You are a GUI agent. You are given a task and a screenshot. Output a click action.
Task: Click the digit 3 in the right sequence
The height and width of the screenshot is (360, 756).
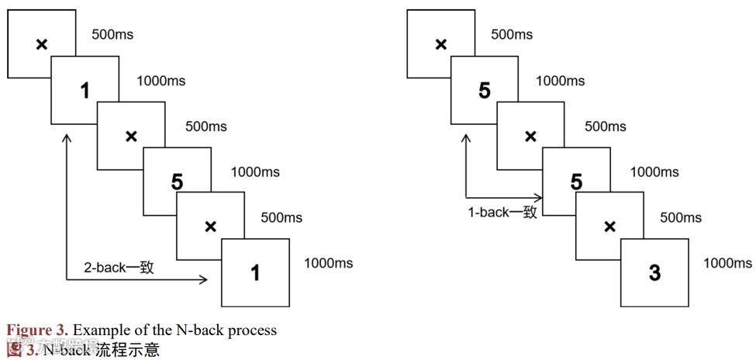654,272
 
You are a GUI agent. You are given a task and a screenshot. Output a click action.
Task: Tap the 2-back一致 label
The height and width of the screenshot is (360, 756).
119,268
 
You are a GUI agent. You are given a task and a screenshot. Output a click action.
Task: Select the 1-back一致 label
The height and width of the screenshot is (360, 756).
502,212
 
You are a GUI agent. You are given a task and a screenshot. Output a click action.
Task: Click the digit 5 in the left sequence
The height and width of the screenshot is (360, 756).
177,182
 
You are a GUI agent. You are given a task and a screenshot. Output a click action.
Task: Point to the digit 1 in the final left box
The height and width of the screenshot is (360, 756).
255,272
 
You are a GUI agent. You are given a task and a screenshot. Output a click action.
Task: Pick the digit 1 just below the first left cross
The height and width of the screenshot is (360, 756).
85,92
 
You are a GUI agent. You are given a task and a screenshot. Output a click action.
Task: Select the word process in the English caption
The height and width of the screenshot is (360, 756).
250,330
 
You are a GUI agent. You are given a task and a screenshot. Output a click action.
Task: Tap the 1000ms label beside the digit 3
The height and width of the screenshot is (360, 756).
727,263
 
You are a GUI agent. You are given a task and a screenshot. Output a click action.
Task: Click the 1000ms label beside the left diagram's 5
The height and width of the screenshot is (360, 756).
255,172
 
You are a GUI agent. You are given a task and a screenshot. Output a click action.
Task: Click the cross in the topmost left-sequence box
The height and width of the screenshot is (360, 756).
42,44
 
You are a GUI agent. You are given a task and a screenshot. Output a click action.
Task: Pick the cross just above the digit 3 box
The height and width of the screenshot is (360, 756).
609,227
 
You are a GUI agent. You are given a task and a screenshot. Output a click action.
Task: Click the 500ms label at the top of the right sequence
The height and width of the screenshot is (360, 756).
512,35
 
